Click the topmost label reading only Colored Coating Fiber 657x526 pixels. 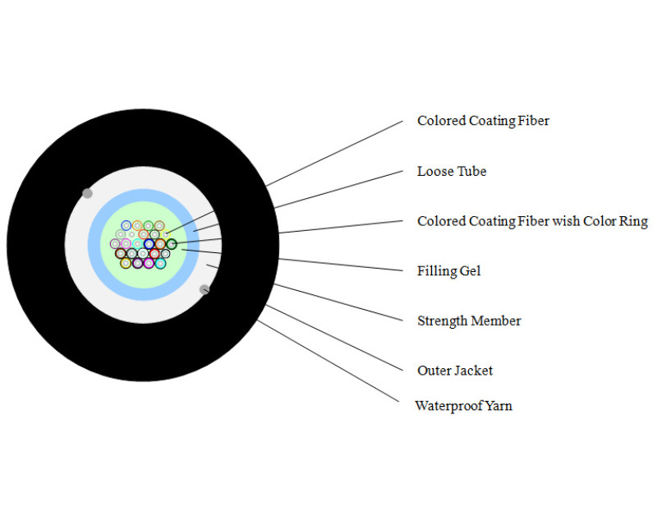(x=483, y=121)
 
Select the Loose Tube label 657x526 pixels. (x=452, y=171)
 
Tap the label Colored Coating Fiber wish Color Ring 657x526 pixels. (x=532, y=221)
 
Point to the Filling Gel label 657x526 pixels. (x=448, y=270)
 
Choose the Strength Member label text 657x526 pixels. (x=469, y=321)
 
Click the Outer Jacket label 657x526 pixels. (x=455, y=371)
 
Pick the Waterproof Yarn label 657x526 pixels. (x=463, y=405)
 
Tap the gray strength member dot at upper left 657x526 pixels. (x=87, y=193)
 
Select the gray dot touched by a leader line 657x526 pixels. (x=204, y=289)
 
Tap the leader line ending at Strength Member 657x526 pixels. (x=337, y=302)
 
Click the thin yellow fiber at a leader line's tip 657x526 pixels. (x=165, y=233)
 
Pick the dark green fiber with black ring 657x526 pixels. (x=172, y=244)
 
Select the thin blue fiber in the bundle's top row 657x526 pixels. (x=126, y=225)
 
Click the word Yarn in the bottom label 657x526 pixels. (x=497, y=405)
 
